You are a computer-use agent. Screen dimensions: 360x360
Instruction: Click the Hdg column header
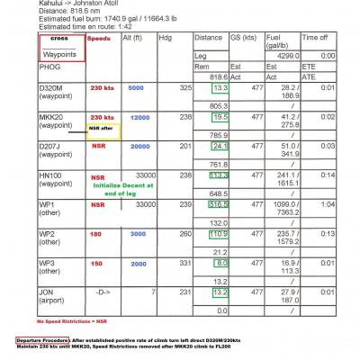coord(165,40)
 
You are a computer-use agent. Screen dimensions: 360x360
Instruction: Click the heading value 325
coord(185,88)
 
